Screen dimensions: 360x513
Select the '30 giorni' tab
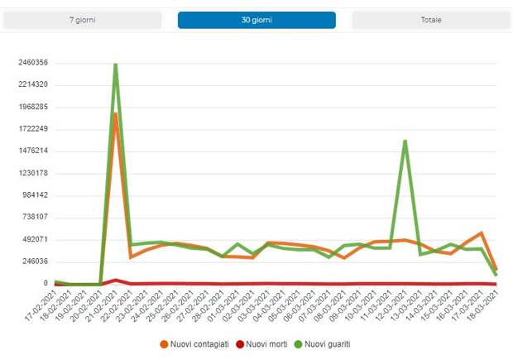click(256, 20)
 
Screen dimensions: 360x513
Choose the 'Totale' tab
click(430, 20)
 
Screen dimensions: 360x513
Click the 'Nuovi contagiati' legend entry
click(194, 343)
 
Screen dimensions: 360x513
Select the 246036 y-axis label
click(35, 262)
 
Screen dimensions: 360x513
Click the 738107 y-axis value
click(35, 217)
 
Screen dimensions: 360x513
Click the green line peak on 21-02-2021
click(115, 64)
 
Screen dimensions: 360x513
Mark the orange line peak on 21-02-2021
click(116, 113)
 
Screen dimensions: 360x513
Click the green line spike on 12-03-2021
click(405, 142)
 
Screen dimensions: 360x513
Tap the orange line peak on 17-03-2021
click(481, 233)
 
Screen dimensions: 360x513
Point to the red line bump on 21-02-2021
click(116, 280)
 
